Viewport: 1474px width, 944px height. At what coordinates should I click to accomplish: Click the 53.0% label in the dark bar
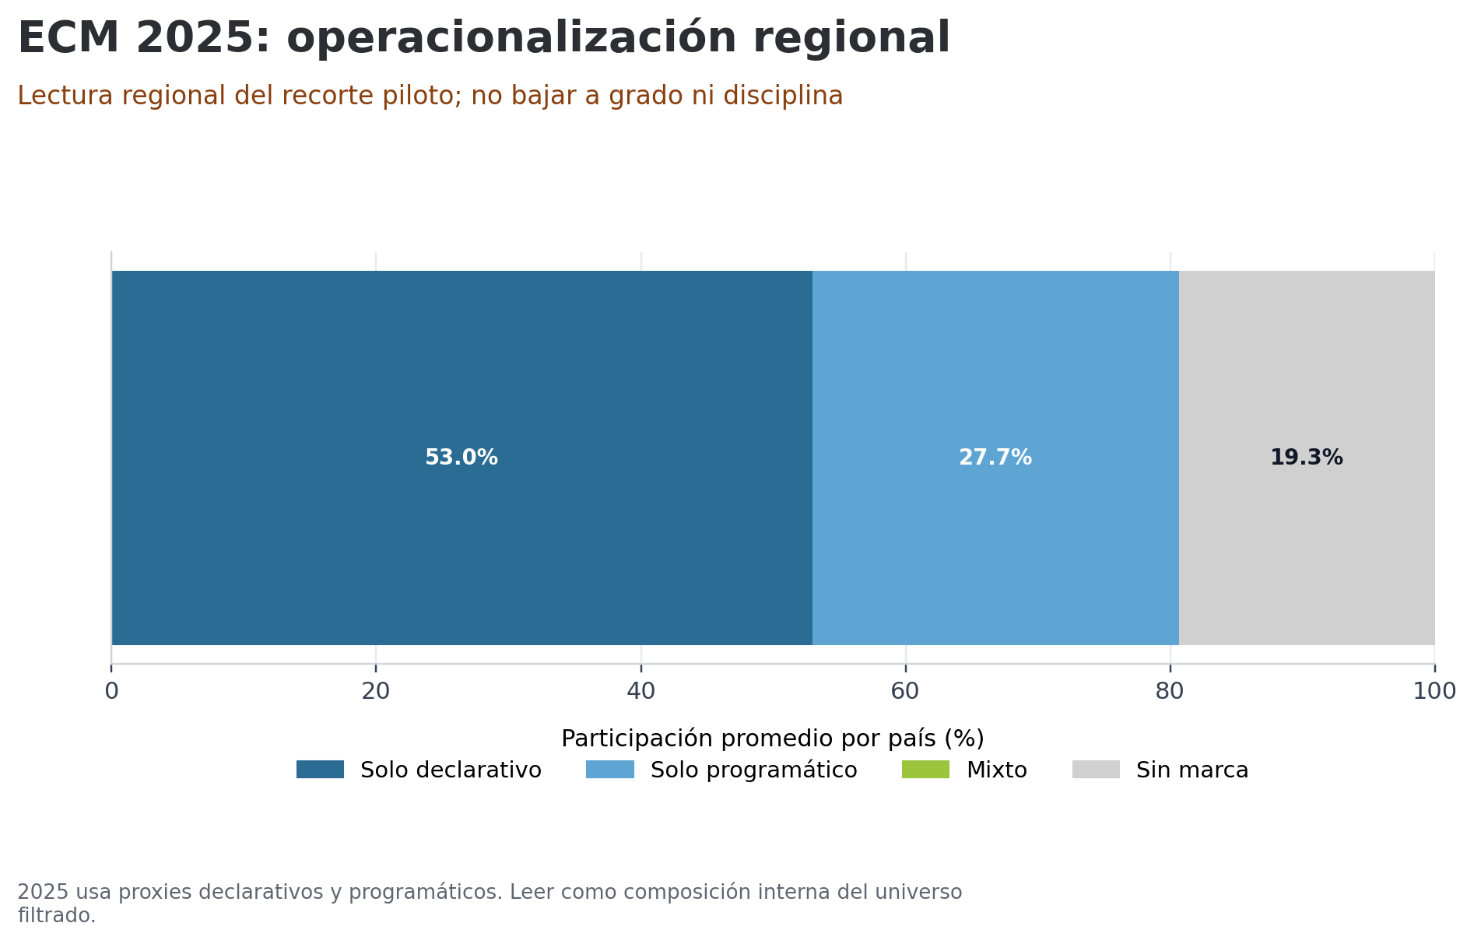(x=461, y=458)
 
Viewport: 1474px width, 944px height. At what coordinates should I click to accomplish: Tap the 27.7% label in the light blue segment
(x=995, y=458)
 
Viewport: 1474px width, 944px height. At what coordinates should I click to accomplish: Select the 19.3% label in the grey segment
(x=1306, y=458)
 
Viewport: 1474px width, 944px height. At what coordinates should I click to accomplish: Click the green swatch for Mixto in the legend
(x=925, y=770)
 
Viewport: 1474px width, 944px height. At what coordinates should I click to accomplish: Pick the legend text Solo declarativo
(x=451, y=770)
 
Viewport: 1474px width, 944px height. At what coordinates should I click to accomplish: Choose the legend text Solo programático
(x=753, y=770)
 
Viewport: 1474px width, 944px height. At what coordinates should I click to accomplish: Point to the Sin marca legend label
(x=1191, y=770)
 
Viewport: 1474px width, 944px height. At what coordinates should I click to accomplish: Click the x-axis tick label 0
(x=111, y=691)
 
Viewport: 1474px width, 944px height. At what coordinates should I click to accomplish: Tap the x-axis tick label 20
(x=376, y=691)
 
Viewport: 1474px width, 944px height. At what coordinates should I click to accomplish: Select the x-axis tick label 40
(x=640, y=691)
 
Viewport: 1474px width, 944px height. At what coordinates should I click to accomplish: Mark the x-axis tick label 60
(x=905, y=691)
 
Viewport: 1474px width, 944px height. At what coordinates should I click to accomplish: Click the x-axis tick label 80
(x=1170, y=691)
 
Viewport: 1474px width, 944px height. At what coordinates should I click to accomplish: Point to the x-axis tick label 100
(x=1434, y=691)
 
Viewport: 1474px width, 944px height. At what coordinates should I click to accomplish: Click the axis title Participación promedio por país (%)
(x=772, y=739)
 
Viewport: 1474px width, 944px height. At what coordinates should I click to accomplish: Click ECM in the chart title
(x=68, y=38)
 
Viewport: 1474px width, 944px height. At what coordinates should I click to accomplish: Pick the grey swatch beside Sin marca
(x=1096, y=770)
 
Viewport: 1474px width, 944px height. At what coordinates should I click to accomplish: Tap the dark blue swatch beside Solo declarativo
(x=320, y=770)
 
